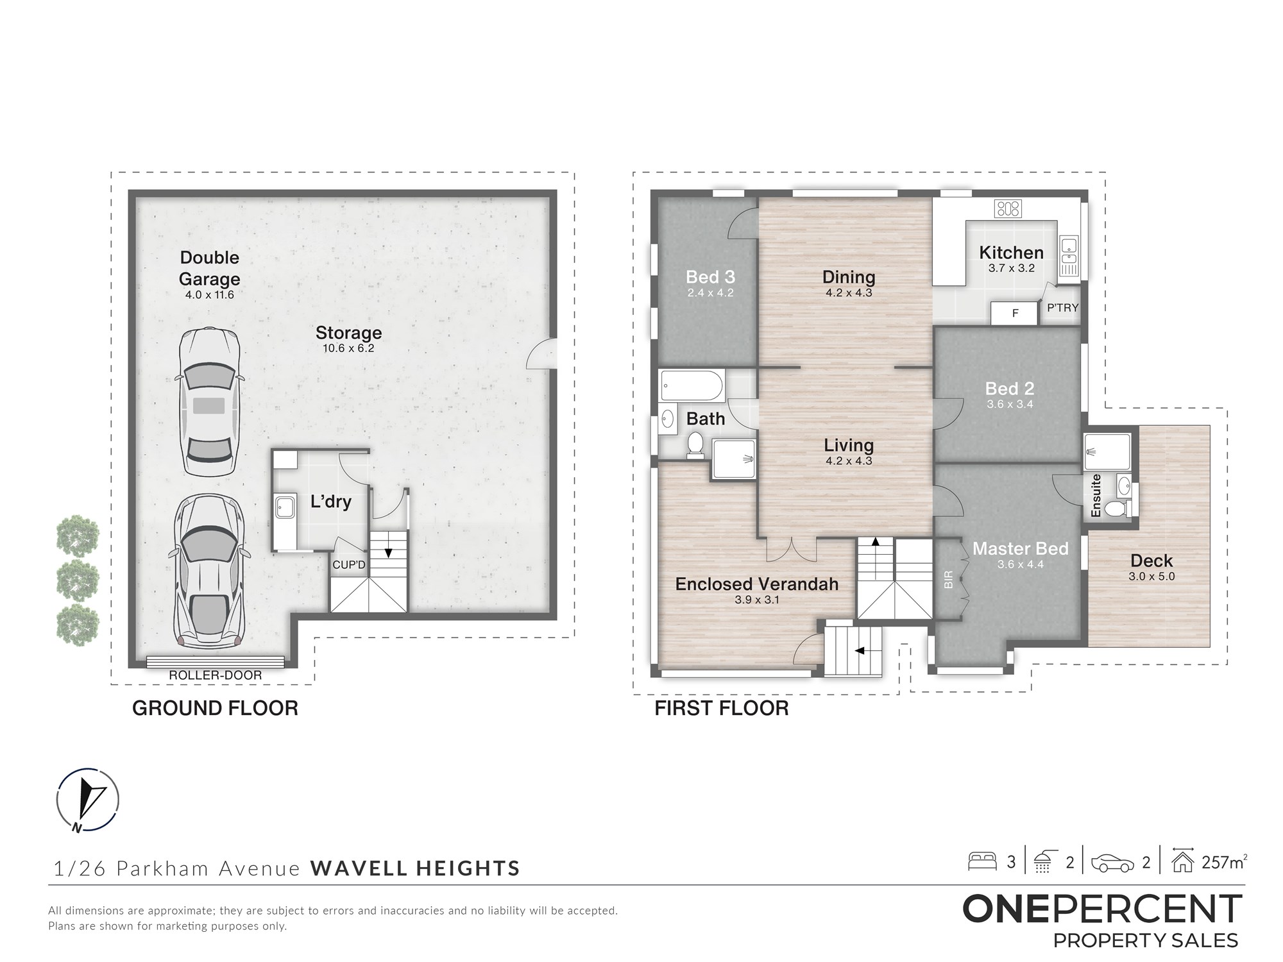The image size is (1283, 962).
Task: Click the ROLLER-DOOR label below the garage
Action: click(216, 675)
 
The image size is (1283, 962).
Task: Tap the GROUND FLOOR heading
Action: click(215, 708)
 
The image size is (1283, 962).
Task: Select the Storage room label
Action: click(348, 333)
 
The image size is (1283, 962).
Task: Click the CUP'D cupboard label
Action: click(349, 565)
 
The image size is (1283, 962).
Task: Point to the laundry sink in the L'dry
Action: click(285, 508)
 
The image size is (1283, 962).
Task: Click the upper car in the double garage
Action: click(209, 401)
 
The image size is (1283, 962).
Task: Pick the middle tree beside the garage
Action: click(78, 580)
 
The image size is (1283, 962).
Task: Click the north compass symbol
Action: click(87, 800)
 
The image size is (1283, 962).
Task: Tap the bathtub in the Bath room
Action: click(692, 386)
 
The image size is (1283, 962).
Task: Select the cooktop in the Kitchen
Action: click(1008, 208)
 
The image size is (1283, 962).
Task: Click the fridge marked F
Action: click(1014, 314)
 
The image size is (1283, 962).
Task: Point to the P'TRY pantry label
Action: click(1063, 308)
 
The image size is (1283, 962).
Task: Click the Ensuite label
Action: click(1096, 495)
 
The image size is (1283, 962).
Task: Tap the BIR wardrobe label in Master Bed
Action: click(949, 580)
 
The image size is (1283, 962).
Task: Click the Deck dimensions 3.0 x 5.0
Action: click(1151, 577)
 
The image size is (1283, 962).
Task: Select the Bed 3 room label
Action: click(710, 277)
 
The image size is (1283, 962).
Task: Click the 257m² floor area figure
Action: click(1224, 862)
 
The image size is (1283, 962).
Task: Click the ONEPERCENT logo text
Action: click(1103, 909)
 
